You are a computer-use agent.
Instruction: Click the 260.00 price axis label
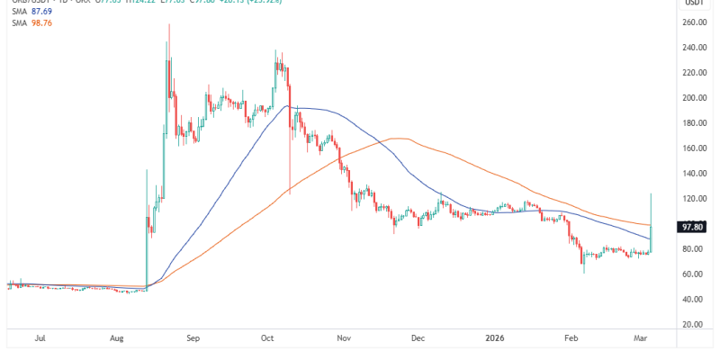[693, 22]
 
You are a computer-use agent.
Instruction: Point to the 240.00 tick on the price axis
[693, 47]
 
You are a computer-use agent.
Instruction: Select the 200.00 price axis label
[693, 97]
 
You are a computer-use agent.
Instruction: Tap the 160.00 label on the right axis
[693, 148]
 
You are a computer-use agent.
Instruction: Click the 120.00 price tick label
[693, 198]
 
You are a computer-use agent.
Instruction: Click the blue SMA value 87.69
[38, 13]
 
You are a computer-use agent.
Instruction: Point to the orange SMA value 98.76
[38, 24]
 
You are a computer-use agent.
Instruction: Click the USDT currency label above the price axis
[693, 4]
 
